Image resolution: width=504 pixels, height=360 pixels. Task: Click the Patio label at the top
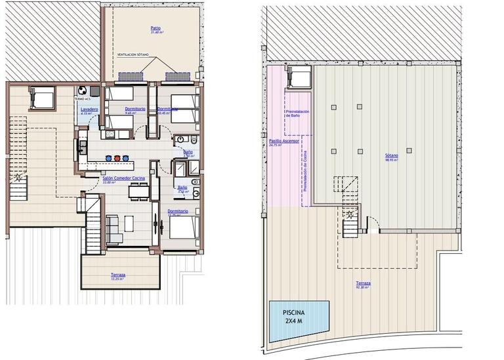point(156,28)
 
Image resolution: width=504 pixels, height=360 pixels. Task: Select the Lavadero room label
point(89,109)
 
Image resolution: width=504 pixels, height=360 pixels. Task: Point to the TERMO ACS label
point(83,99)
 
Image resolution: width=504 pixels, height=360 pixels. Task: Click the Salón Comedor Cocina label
point(123,178)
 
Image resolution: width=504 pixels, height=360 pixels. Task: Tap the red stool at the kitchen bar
point(117,158)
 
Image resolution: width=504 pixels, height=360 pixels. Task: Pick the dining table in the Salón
point(137,191)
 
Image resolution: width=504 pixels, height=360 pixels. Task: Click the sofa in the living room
point(113,229)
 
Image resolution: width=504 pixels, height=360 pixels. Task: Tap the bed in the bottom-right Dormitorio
point(184,230)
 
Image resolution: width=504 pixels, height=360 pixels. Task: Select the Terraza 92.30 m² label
point(363,284)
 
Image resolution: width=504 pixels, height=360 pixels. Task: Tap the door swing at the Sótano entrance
point(373,228)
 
